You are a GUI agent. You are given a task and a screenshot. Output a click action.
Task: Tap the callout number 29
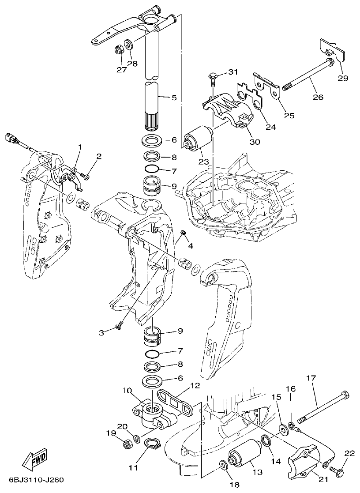(x=343, y=78)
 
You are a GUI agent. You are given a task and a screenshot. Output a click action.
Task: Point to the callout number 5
(x=173, y=97)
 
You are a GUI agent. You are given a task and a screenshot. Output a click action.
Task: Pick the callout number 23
(x=203, y=162)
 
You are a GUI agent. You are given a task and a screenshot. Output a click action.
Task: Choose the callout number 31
(x=232, y=72)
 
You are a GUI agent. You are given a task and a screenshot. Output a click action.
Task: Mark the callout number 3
(x=102, y=333)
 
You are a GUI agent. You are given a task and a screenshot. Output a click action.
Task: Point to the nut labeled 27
(x=118, y=49)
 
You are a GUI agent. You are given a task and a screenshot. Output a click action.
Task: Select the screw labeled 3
(x=119, y=326)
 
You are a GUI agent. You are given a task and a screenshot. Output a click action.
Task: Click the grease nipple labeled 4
(x=185, y=233)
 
